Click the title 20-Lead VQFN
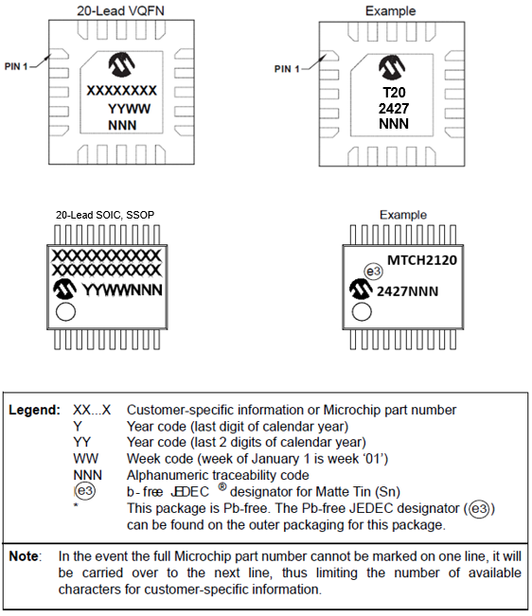pyautogui.click(x=120, y=10)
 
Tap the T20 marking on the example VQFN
pyautogui.click(x=394, y=93)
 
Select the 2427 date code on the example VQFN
pyautogui.click(x=394, y=109)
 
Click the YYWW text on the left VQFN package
pyautogui.click(x=129, y=109)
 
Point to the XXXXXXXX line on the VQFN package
pyautogui.click(x=122, y=91)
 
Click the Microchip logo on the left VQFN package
pyautogui.click(x=122, y=64)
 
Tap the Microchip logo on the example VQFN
pyautogui.click(x=392, y=67)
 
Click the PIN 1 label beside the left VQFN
pyautogui.click(x=16, y=66)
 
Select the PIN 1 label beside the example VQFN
pyautogui.click(x=287, y=69)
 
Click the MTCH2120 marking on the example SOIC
pyautogui.click(x=422, y=260)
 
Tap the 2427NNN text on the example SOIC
pyautogui.click(x=407, y=291)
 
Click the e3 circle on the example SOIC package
pyautogui.click(x=373, y=272)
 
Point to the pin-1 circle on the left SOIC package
pyautogui.click(x=65, y=312)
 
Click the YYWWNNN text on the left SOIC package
pyautogui.click(x=123, y=290)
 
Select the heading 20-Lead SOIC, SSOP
pyautogui.click(x=105, y=215)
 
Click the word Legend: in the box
pyautogui.click(x=35, y=410)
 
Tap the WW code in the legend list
pyautogui.click(x=85, y=459)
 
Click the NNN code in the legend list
pyautogui.click(x=88, y=475)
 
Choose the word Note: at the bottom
pyautogui.click(x=25, y=556)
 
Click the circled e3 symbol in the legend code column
pyautogui.click(x=85, y=491)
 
